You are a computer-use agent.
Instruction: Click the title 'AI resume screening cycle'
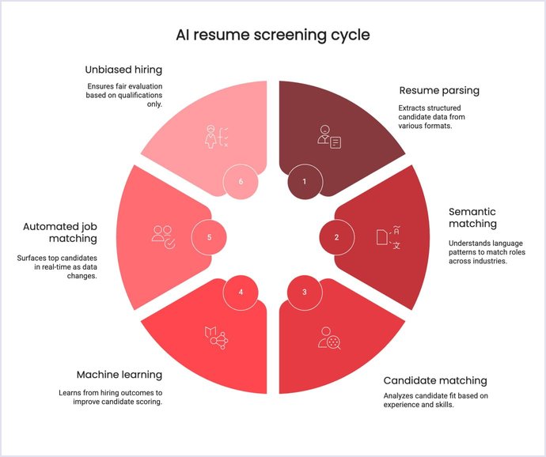[272, 36]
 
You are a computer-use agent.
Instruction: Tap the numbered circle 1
[304, 181]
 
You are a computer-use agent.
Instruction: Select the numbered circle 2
[336, 236]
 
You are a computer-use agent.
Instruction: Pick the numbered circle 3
[304, 292]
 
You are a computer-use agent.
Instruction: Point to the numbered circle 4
[241, 292]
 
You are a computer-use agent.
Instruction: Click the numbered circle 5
[210, 236]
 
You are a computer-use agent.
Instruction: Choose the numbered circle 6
[241, 181]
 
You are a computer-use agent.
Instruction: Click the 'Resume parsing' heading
[439, 90]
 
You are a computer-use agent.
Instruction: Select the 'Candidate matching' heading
[435, 380]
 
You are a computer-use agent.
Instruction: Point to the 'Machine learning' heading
[119, 374]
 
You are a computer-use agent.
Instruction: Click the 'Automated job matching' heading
[60, 232]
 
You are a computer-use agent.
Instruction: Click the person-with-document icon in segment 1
[328, 136]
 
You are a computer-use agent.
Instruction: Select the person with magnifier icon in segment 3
[328, 338]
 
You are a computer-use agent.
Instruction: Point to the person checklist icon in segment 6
[215, 136]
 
